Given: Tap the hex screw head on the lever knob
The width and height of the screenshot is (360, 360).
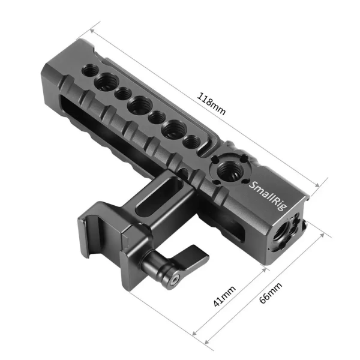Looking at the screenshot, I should coord(174,280).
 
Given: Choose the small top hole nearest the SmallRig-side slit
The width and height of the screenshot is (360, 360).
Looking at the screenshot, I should coord(192,142).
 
